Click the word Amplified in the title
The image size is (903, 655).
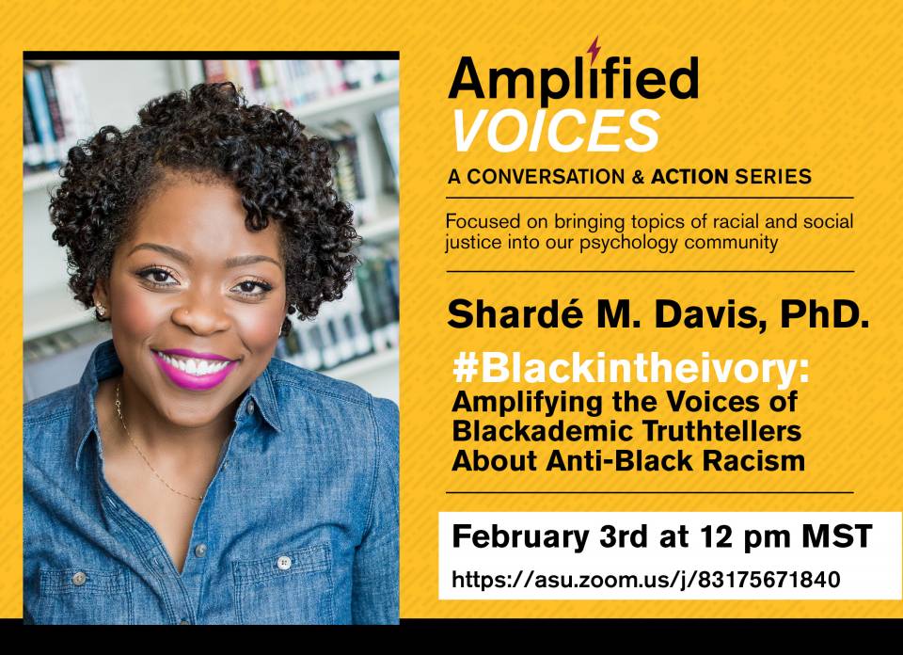coord(573,79)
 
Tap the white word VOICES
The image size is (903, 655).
coord(556,131)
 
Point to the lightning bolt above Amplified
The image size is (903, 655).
coord(594,49)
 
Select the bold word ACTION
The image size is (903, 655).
coord(689,177)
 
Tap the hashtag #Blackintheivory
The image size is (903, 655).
coord(630,369)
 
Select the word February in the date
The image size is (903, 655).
coord(520,537)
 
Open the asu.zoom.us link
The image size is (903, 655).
coord(645,579)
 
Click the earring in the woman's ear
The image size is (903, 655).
coord(102,310)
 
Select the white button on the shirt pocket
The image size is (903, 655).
coord(283,563)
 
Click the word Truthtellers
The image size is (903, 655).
coord(721,431)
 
